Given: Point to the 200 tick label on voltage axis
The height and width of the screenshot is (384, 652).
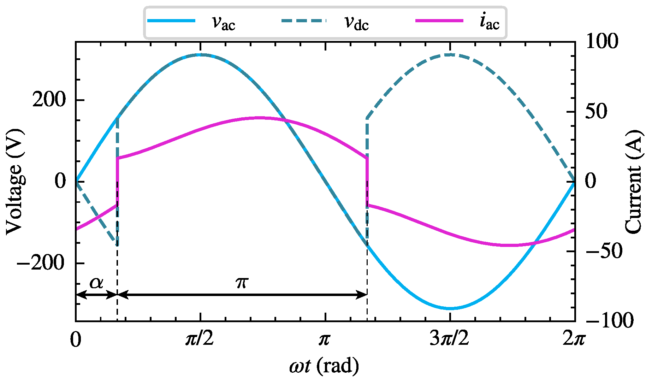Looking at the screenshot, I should [x=49, y=100].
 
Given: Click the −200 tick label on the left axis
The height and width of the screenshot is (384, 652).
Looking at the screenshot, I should [x=41, y=263].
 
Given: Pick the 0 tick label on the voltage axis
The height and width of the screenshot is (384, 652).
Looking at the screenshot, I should [x=60, y=181].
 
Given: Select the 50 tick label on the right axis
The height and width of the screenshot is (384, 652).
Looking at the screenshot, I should [x=596, y=112].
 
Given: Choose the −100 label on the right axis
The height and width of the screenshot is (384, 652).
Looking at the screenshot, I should [x=610, y=320].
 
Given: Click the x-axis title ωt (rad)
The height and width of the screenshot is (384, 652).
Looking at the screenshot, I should [x=324, y=366].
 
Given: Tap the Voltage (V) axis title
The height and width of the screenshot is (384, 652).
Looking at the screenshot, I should [x=15, y=182].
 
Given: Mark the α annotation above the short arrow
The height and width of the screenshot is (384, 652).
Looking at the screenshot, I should [x=96, y=283].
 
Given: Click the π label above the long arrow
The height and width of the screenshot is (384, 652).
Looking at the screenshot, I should [x=242, y=282].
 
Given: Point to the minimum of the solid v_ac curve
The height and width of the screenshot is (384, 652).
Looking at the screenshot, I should [x=450, y=308].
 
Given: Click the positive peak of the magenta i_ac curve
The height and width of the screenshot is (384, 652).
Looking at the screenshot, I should [x=259, y=118].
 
